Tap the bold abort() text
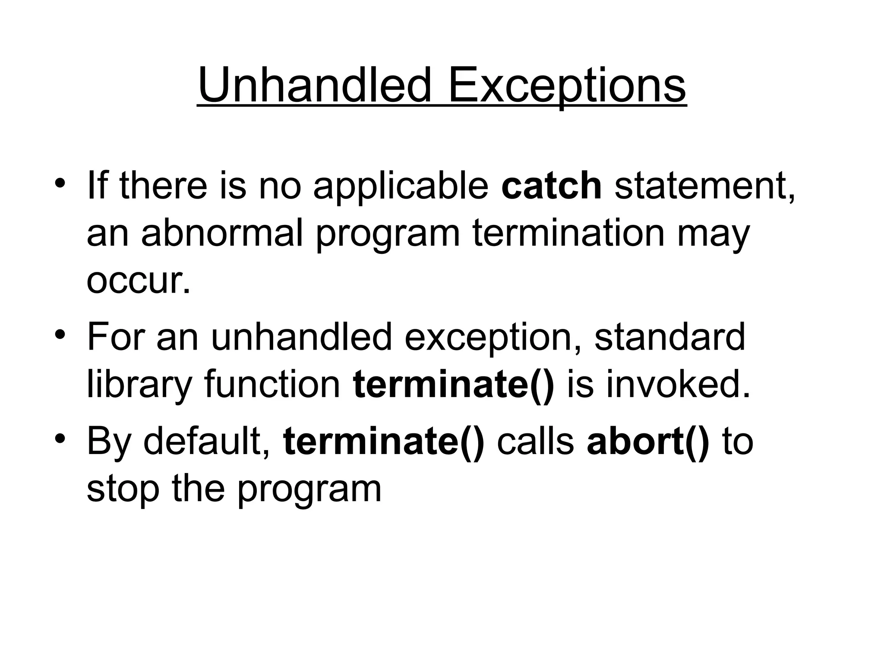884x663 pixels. coord(647,441)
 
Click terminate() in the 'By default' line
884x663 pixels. coord(384,441)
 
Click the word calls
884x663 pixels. coord(535,441)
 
